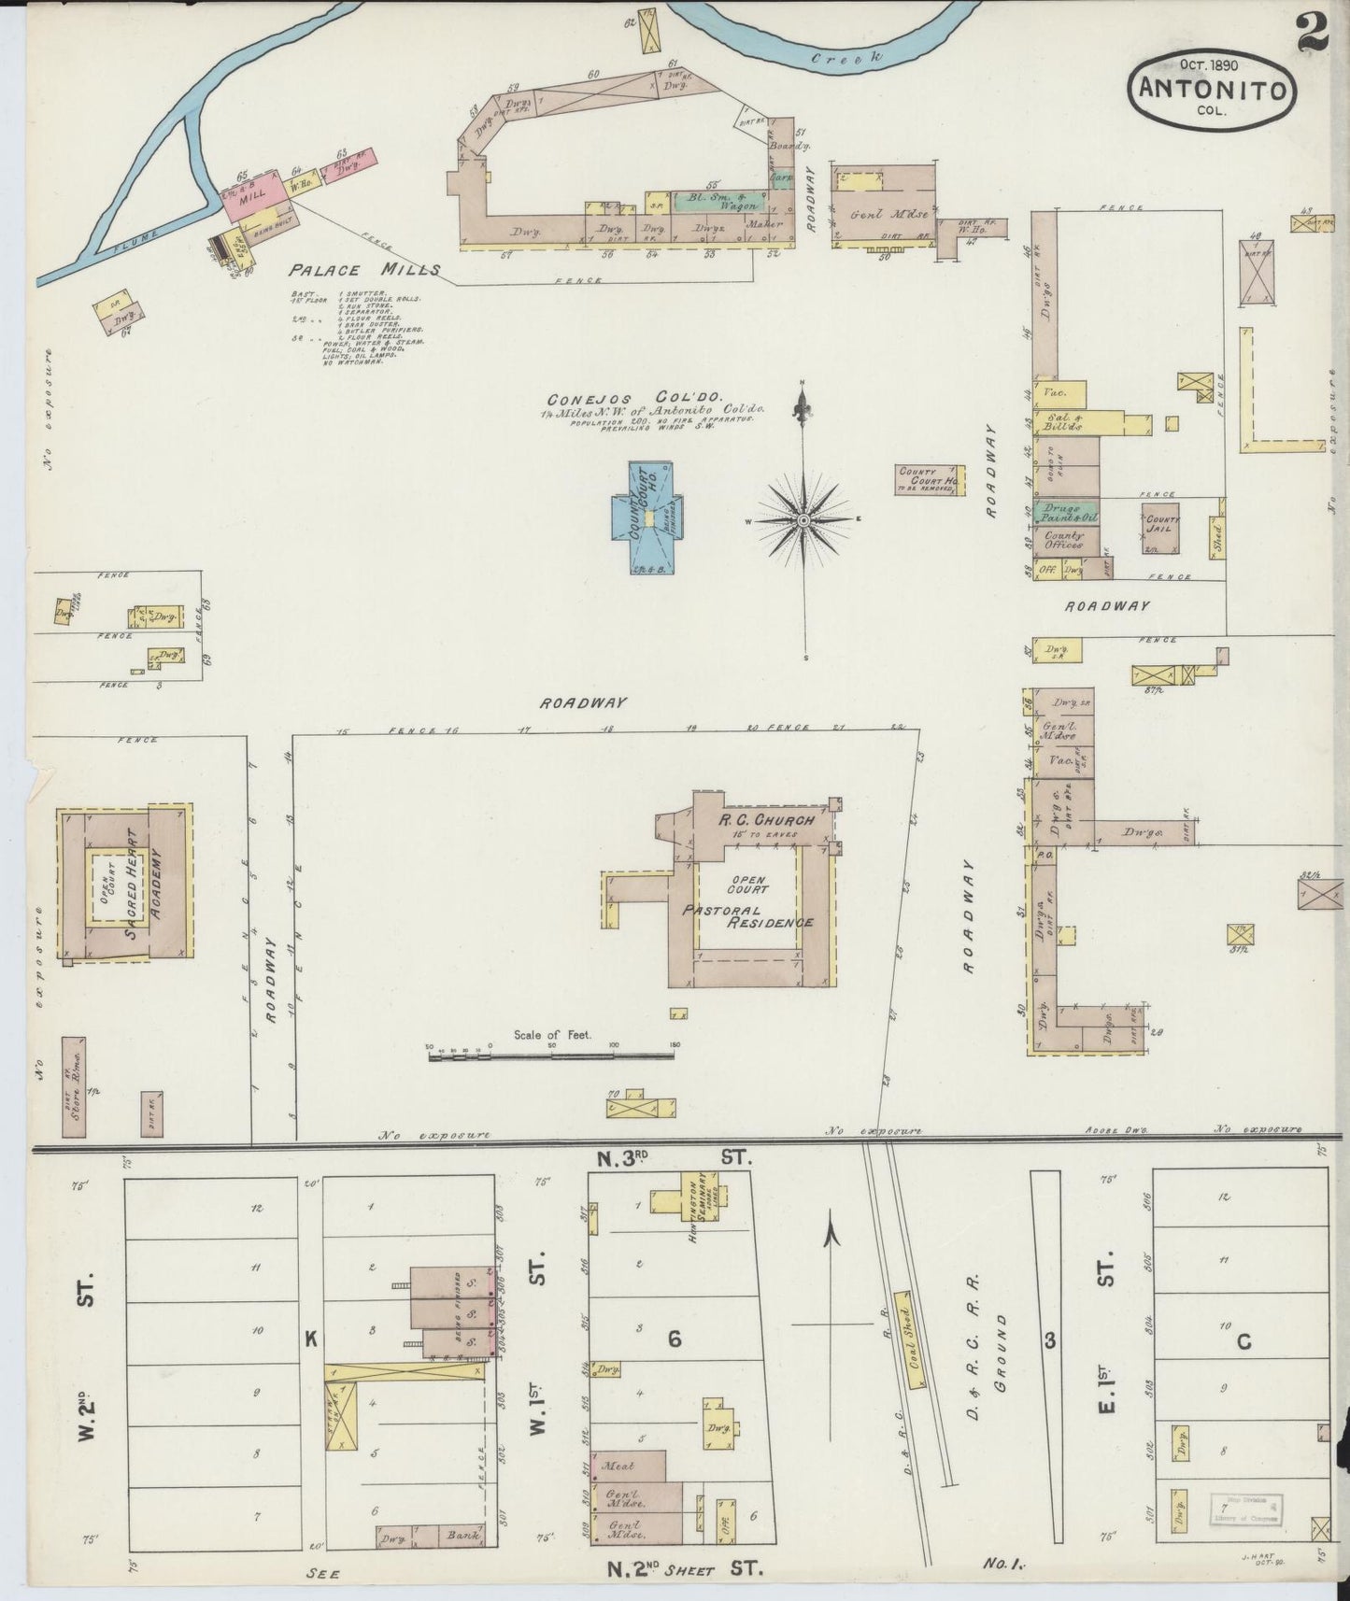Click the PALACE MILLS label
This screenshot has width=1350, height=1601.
[x=363, y=270]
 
